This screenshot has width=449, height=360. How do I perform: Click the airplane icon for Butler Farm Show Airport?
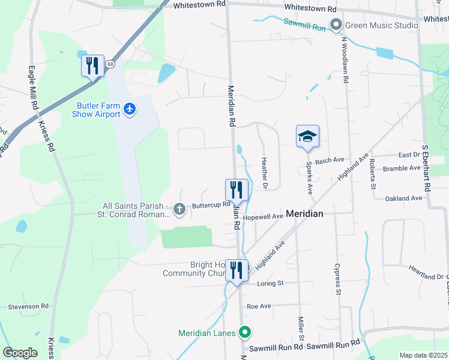click(x=130, y=109)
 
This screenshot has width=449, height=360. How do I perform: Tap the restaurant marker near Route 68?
click(x=92, y=65)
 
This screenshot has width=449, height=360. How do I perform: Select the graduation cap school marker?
click(x=307, y=137)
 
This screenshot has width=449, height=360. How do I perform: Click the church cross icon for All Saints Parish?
click(x=178, y=209)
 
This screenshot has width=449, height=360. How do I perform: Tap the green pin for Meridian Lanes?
click(x=245, y=332)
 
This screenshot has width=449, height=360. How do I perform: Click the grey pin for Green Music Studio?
click(x=336, y=25)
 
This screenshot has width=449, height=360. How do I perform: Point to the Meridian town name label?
click(x=304, y=214)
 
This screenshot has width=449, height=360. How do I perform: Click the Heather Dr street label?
click(x=264, y=173)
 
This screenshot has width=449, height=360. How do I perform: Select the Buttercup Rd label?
click(x=211, y=205)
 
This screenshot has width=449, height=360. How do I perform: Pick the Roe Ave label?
click(x=259, y=306)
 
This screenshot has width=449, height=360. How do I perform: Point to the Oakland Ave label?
click(x=403, y=198)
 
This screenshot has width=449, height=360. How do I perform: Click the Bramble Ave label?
click(x=402, y=169)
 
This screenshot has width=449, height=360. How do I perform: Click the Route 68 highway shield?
click(x=110, y=64)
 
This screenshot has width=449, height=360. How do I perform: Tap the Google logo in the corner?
click(x=20, y=353)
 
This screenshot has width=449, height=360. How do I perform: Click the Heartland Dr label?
click(x=421, y=272)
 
